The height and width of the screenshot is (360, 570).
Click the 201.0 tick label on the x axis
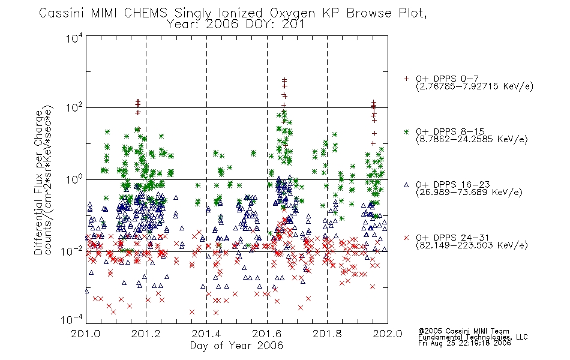click(86, 334)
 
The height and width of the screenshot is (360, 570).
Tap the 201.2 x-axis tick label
click(146, 334)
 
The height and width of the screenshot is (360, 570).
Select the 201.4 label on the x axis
click(206, 334)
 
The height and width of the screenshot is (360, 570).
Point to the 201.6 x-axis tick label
click(267, 334)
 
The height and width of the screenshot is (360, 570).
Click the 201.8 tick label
click(327, 334)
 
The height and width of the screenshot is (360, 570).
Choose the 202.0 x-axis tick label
click(388, 334)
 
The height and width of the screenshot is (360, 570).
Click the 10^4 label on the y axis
click(74, 38)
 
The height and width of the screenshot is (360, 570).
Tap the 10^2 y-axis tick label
click(74, 108)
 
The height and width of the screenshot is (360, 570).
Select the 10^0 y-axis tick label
click(74, 179)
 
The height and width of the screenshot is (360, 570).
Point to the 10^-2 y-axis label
click(72, 251)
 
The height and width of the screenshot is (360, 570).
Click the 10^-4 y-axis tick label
click(72, 320)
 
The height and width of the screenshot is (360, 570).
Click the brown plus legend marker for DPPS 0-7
click(406, 79)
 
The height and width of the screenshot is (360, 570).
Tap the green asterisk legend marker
click(406, 131)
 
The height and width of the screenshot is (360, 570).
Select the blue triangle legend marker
click(406, 185)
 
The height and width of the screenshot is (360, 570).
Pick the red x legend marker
click(406, 238)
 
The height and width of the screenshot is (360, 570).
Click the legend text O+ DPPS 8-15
click(450, 131)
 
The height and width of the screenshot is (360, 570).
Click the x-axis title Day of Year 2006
click(236, 346)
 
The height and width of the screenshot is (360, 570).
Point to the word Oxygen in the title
click(292, 13)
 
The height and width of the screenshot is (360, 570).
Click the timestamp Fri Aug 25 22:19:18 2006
click(464, 343)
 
